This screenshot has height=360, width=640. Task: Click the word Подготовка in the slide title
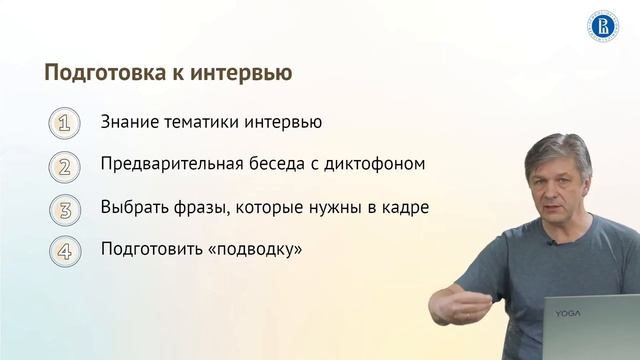97,74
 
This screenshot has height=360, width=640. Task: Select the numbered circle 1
64,124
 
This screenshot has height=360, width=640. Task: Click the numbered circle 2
64,166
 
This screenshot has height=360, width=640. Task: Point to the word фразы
194,208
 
